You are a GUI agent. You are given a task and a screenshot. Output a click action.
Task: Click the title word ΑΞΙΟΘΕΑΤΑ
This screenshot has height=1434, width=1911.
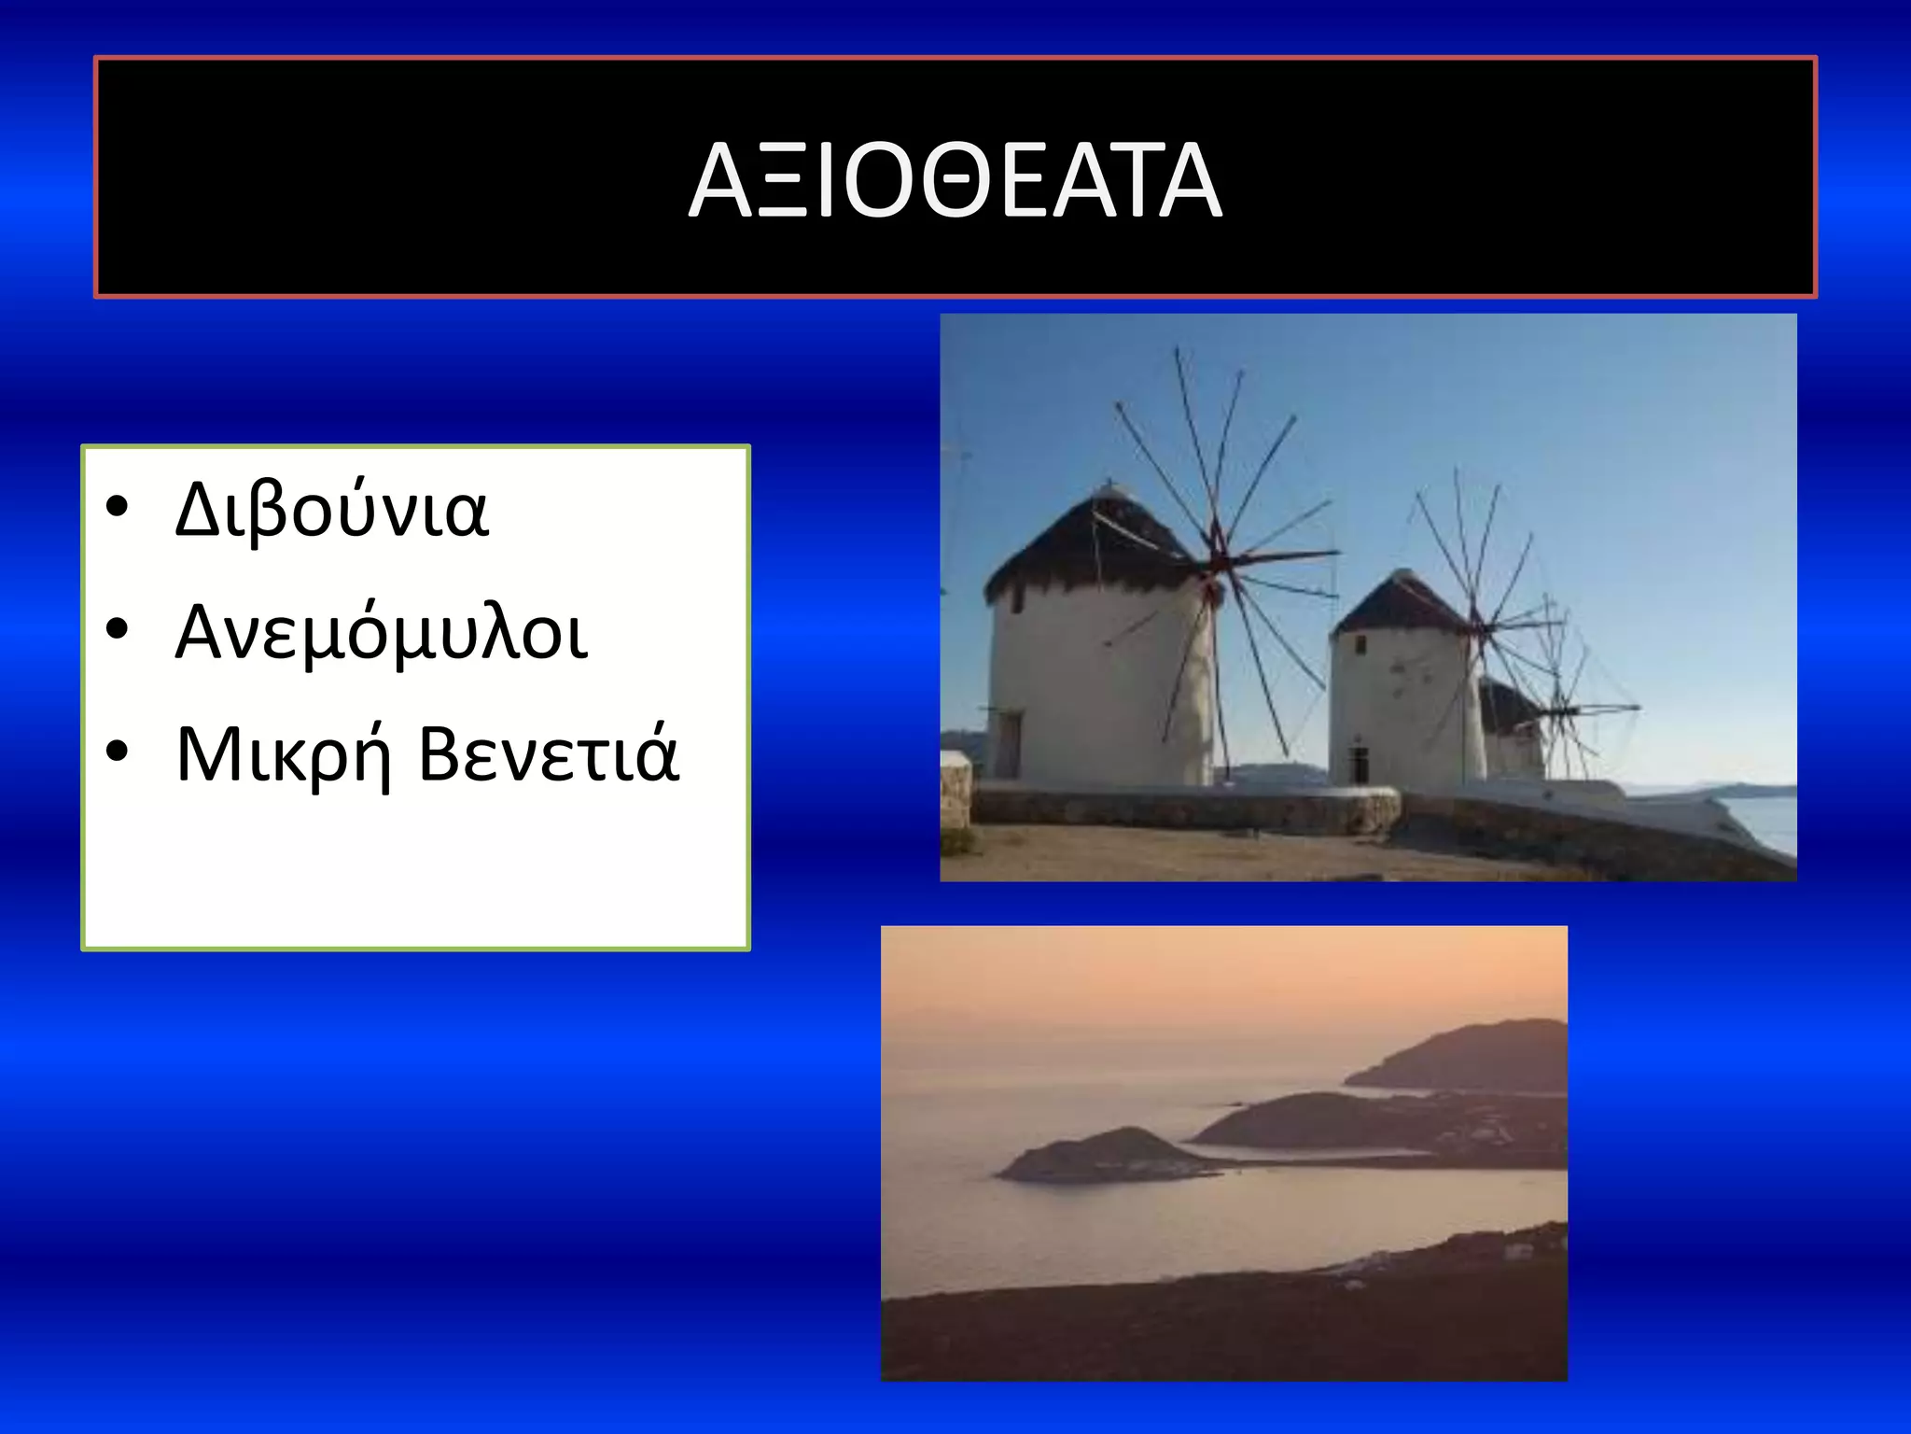point(955,180)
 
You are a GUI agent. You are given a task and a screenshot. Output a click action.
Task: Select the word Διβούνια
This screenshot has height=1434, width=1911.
point(331,510)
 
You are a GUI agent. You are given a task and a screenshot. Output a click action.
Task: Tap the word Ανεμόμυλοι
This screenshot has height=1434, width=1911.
point(382,632)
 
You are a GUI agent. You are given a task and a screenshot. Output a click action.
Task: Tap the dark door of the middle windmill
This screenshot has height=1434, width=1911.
point(1359,766)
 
